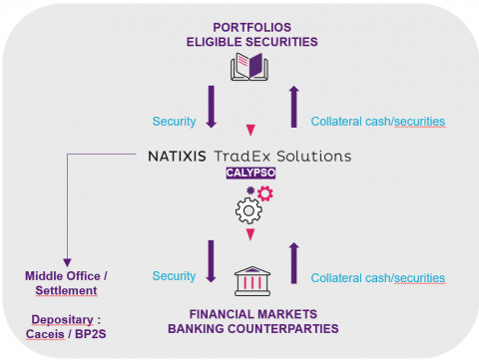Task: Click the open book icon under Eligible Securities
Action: coord(248,68)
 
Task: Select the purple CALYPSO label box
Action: coord(249,172)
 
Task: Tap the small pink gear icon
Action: coord(264,193)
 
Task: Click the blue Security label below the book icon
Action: coord(174,121)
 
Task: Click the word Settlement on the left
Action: coord(67,290)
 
